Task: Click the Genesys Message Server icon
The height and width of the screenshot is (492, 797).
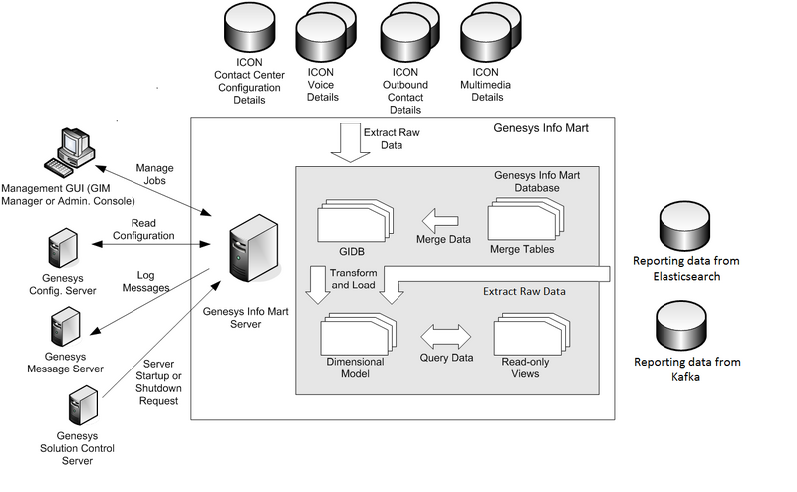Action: (66, 325)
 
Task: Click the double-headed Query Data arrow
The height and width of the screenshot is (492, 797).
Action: (446, 335)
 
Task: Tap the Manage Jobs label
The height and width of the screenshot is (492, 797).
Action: (154, 174)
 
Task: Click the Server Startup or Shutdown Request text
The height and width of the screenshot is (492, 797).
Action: (158, 381)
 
